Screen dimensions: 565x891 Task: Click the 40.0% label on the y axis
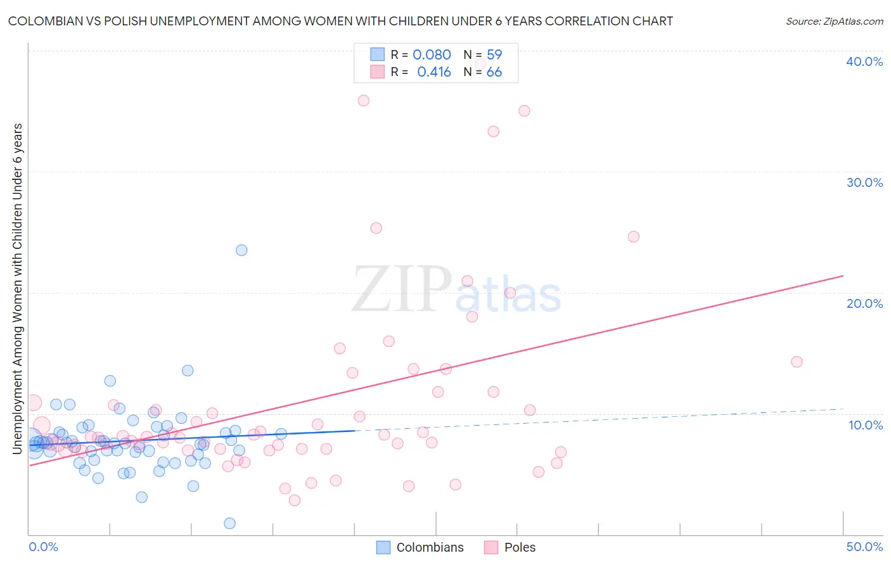point(864,61)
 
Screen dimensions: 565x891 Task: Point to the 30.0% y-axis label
point(864,182)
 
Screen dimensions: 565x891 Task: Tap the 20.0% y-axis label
point(864,303)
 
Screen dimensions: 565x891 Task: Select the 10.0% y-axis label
point(865,425)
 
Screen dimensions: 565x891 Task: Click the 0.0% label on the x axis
point(43,547)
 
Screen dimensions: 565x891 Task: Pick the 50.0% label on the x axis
point(864,547)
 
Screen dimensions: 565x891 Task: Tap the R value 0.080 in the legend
point(432,55)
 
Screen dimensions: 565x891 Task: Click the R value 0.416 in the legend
point(433,72)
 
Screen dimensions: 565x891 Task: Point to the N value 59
point(494,55)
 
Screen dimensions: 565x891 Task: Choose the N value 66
point(494,72)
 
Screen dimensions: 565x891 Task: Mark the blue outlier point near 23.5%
point(241,250)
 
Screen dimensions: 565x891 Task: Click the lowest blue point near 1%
point(230,523)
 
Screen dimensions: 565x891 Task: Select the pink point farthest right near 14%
point(797,362)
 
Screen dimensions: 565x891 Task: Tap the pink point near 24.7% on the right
point(633,237)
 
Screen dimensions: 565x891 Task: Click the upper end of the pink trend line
point(843,276)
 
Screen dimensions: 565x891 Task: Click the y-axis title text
point(18,288)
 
